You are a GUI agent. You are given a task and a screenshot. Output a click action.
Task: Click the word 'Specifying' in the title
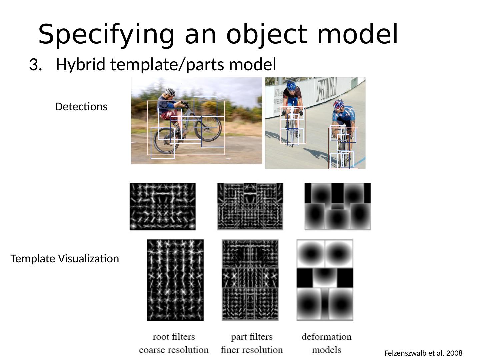tap(106, 35)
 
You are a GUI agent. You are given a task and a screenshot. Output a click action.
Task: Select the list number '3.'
tap(34, 65)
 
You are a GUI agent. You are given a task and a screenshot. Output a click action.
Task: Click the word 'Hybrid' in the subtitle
tap(80, 65)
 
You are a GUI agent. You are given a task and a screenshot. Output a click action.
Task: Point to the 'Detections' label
tap(81, 107)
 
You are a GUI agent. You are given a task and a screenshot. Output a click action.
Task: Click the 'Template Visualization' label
tap(65, 259)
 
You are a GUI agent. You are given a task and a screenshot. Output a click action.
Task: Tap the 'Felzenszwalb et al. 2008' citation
tap(423, 353)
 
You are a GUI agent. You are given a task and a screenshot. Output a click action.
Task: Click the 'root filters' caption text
tap(173, 337)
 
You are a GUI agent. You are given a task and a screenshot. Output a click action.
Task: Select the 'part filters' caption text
tap(252, 337)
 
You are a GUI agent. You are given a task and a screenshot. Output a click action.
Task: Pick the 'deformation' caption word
tap(326, 337)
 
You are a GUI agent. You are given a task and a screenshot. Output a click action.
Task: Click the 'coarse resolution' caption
tap(173, 350)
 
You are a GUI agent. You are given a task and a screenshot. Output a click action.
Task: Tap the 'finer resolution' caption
tap(252, 350)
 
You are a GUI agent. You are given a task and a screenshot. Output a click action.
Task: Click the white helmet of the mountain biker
tap(170, 92)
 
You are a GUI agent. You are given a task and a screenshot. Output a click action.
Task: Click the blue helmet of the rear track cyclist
tap(291, 86)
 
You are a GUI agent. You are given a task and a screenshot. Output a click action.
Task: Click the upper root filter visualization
tap(163, 206)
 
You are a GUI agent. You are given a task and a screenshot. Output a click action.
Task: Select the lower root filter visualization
tap(175, 280)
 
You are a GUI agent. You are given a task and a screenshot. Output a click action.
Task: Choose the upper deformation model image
tap(337, 206)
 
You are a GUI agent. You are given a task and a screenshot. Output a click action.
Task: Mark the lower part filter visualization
tap(250, 280)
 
